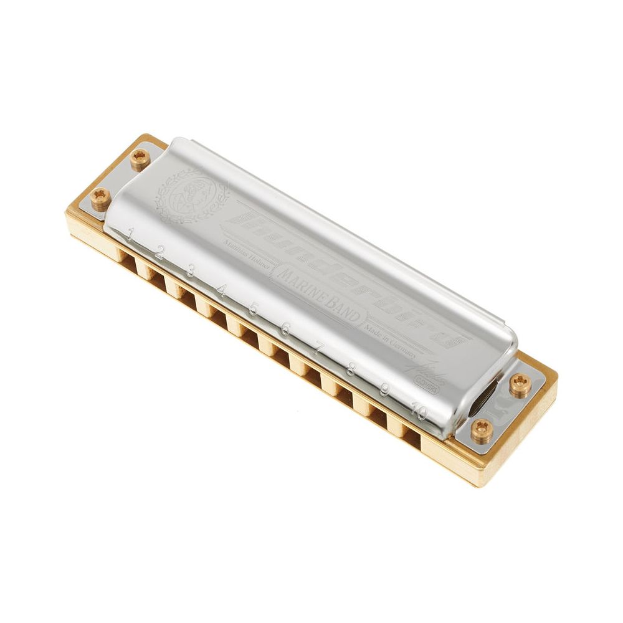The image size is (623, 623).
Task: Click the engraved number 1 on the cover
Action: (x=130, y=235)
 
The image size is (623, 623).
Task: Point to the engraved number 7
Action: (x=318, y=350)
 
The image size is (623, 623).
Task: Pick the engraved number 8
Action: (x=351, y=370)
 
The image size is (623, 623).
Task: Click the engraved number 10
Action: (x=420, y=412)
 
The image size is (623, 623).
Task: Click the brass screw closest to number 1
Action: (x=99, y=199)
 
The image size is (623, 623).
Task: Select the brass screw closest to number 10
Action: (x=481, y=430)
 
